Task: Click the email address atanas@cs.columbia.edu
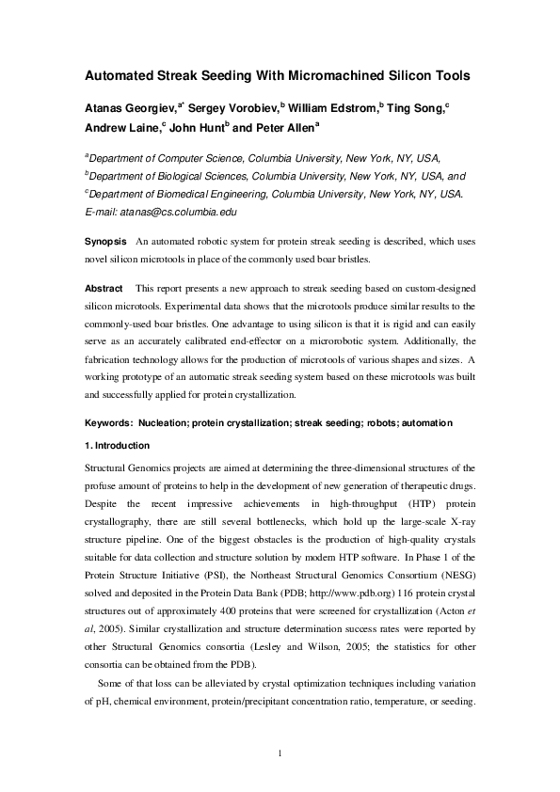[176, 212]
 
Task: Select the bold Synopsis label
[106, 243]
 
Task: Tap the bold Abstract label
[104, 287]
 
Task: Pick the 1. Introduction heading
[117, 445]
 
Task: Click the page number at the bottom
[280, 751]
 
